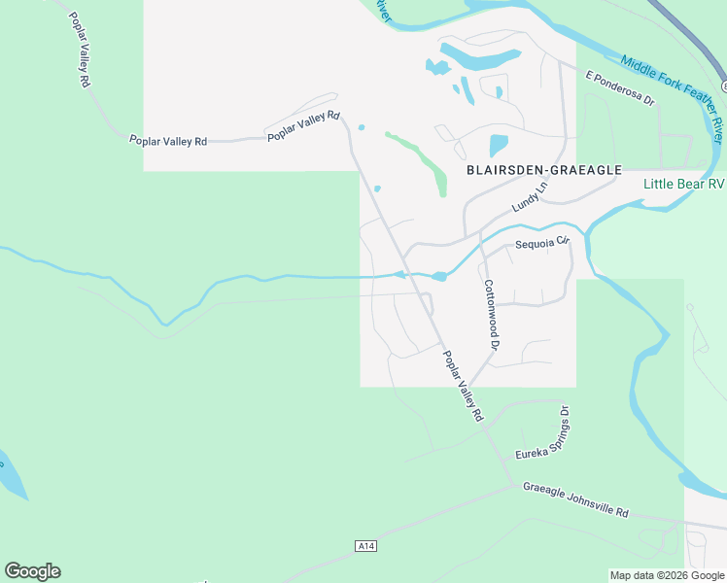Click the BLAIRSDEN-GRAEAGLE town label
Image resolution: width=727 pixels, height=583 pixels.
pos(543,170)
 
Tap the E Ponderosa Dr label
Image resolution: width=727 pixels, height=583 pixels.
pos(620,86)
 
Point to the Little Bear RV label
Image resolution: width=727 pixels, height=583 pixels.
pos(684,184)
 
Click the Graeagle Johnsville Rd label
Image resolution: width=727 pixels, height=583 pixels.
pos(575,499)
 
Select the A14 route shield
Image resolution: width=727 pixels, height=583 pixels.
pos(365,546)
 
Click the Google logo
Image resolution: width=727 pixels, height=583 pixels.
pos(32,571)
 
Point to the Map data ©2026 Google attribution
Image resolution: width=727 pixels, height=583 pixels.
pos(667,575)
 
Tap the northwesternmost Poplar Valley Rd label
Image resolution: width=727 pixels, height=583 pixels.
pos(79,51)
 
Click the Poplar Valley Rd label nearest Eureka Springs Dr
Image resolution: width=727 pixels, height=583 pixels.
pos(463,385)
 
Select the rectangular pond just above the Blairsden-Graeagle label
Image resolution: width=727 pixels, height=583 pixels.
pos(498,145)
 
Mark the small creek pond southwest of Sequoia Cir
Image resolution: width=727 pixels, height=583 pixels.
pos(439,277)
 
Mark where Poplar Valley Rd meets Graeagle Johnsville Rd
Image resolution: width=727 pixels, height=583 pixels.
pos(512,483)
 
